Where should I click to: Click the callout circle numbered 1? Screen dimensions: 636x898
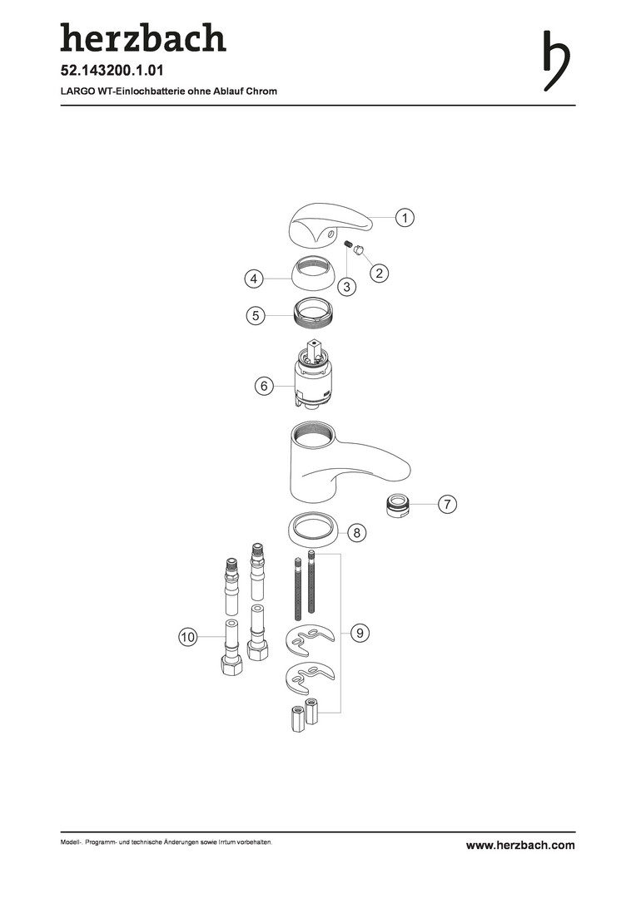click(405, 218)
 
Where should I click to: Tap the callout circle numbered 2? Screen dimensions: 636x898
click(379, 273)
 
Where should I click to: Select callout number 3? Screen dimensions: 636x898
click(346, 286)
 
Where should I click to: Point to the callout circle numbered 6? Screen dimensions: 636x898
click(264, 386)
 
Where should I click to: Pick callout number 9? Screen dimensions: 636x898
click(360, 633)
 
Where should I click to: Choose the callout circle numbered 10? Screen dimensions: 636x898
click(188, 637)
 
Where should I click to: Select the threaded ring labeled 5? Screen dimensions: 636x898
click(315, 316)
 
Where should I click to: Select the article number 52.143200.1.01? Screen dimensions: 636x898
click(112, 71)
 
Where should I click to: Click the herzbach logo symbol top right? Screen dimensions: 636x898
click(557, 62)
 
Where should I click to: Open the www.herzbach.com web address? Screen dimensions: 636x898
click(520, 846)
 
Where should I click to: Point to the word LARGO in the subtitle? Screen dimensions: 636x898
click(73, 91)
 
